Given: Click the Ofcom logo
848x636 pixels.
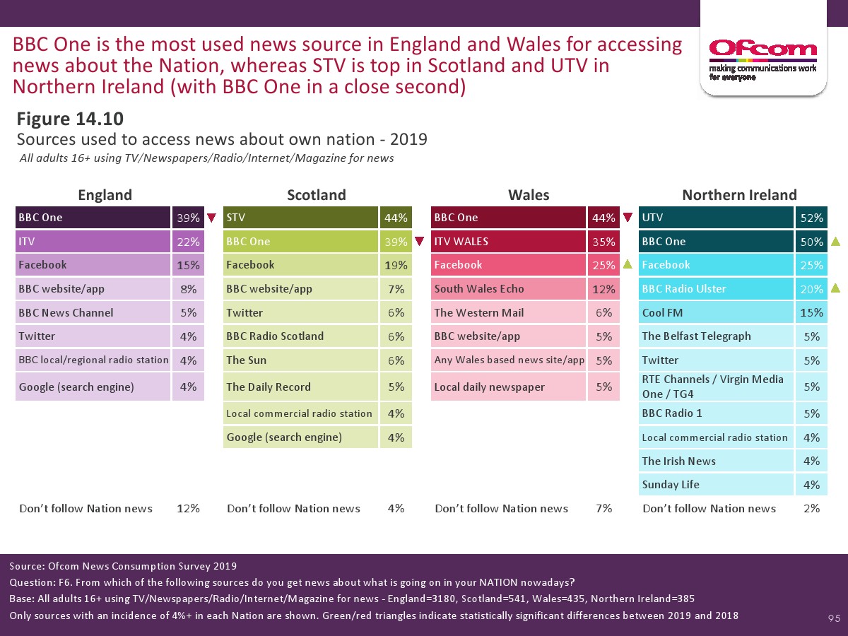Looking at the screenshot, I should click(762, 57).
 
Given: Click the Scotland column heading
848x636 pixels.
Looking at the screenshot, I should click(316, 195).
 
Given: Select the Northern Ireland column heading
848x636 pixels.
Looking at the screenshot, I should click(739, 195).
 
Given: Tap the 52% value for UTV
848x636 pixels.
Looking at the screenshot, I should click(811, 218).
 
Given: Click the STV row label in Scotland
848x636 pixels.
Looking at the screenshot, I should click(235, 218).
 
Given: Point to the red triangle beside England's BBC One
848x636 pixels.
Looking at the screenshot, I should click(211, 218).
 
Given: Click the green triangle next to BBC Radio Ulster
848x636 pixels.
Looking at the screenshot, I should click(835, 289).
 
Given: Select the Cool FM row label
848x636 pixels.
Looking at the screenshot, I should click(661, 312).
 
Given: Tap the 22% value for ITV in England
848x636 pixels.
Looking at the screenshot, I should click(188, 242).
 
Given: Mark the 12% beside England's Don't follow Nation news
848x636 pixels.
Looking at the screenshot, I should click(188, 509).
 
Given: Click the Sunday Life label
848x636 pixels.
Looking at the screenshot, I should click(671, 485).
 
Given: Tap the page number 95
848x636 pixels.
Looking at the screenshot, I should click(834, 619).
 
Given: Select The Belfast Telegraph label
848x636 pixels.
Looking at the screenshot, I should click(696, 336).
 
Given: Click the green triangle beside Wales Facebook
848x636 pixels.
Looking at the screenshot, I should click(627, 265).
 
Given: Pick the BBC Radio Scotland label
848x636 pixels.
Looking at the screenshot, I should click(275, 336).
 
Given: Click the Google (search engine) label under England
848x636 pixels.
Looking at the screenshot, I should click(76, 387).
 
